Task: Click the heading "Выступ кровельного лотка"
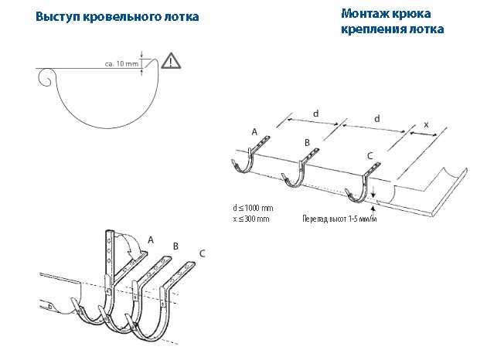coord(117,17)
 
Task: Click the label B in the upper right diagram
coord(307,144)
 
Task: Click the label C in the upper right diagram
coord(369,157)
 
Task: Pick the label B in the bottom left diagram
coord(175,246)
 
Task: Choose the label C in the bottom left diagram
coord(202,253)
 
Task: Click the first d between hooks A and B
coord(315,114)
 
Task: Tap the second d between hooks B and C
coord(376,119)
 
